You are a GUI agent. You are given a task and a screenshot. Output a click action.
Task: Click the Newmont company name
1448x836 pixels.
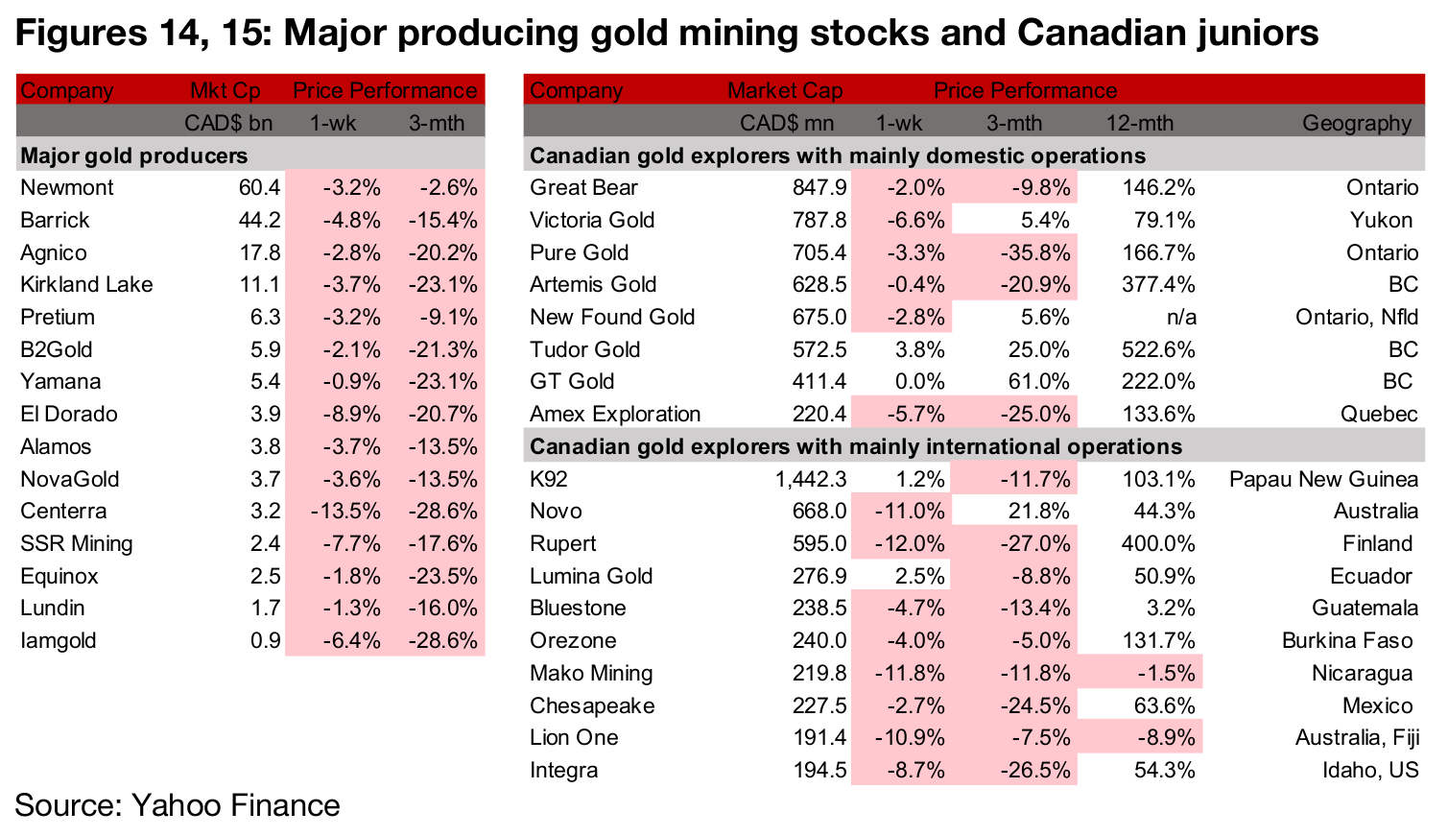pos(66,188)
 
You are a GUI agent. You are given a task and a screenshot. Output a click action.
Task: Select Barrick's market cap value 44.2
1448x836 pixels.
pos(259,221)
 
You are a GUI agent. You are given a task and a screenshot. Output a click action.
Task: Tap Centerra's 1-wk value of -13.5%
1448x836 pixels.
pos(345,512)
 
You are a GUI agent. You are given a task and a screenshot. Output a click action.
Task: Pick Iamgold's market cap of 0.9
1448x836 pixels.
pos(265,641)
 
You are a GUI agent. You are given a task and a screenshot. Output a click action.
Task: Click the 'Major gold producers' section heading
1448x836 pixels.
pos(133,155)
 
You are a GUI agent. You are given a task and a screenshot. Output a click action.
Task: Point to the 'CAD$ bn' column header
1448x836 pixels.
pos(228,123)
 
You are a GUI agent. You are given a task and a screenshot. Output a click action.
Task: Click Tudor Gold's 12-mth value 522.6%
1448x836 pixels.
pos(1158,349)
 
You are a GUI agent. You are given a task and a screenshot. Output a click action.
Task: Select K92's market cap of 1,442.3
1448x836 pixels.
pos(811,479)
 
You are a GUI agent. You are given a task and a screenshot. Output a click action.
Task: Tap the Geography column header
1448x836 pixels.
pos(1356,123)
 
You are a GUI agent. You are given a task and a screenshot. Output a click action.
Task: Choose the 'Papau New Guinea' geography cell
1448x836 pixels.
pos(1323,479)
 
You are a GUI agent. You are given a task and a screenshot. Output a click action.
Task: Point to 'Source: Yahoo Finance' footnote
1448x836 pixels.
pos(178,805)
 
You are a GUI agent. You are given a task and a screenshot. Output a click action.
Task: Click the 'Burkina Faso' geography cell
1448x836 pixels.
pos(1347,641)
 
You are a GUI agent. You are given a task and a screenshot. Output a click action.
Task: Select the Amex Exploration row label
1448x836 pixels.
pos(615,415)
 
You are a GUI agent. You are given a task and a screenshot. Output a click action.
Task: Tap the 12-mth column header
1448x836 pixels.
pos(1139,123)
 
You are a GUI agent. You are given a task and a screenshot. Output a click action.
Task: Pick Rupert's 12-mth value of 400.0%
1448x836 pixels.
pos(1158,544)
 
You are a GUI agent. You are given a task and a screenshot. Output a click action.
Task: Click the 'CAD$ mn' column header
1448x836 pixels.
pos(786,123)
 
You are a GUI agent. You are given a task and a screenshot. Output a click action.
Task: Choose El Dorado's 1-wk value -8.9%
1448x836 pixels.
pos(352,415)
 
